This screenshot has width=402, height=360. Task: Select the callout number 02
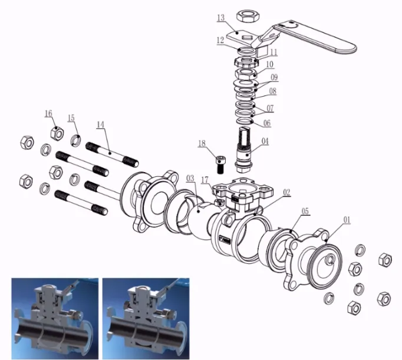click(286, 191)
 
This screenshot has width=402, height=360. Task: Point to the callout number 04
click(265, 141)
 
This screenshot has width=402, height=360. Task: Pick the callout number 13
click(221, 18)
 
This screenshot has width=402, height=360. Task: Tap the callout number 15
click(71, 118)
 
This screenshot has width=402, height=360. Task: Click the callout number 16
click(48, 113)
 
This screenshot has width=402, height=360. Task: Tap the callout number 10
click(269, 64)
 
